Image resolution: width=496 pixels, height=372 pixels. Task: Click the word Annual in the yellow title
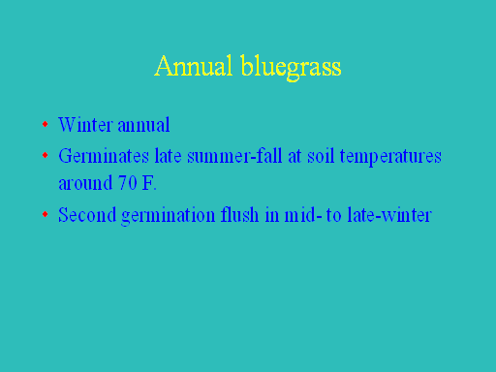click(194, 66)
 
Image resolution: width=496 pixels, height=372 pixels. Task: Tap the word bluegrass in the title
click(291, 68)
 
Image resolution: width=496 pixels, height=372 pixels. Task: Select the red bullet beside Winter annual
click(46, 124)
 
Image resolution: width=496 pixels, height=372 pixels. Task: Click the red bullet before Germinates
click(46, 155)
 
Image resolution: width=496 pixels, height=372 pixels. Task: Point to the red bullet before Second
click(46, 214)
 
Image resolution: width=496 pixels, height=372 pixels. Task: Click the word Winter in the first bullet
click(85, 124)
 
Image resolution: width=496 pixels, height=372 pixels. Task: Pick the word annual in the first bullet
click(143, 125)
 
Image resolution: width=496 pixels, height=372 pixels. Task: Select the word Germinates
click(104, 156)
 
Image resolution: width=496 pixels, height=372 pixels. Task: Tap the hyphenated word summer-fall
click(234, 156)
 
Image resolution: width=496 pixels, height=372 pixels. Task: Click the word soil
click(321, 156)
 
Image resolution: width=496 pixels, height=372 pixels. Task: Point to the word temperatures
click(390, 157)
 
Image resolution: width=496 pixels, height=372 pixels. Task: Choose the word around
click(85, 183)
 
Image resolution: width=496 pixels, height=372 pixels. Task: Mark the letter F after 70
click(147, 183)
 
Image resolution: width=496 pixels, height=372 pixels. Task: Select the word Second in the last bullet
click(87, 214)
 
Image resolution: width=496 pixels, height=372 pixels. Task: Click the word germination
click(169, 216)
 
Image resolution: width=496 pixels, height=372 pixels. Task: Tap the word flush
click(239, 214)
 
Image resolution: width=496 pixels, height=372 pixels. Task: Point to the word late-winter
click(389, 214)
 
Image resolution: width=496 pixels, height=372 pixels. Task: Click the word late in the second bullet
click(168, 156)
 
